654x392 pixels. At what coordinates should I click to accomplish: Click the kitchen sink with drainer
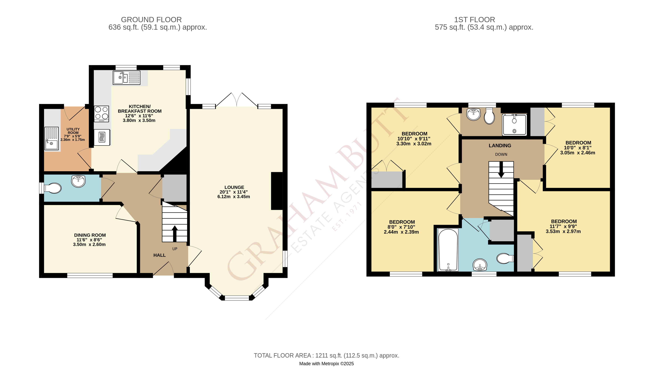coord(126,78)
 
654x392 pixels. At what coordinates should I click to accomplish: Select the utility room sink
coord(51,138)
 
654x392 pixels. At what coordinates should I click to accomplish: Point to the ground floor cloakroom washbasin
coord(78,181)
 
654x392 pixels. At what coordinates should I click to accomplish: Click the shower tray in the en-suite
coord(514,124)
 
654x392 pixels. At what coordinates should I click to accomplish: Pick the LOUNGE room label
coord(234,187)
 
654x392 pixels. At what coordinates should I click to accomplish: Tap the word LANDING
coord(500,146)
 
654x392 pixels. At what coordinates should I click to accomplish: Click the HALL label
coord(159,255)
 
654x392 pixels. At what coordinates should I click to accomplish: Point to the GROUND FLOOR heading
coord(151,20)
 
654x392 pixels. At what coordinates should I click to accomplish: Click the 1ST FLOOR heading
coord(474,20)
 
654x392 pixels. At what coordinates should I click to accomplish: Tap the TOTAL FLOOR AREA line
coord(326,356)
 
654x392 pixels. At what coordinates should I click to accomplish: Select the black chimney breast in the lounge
coord(277,191)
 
